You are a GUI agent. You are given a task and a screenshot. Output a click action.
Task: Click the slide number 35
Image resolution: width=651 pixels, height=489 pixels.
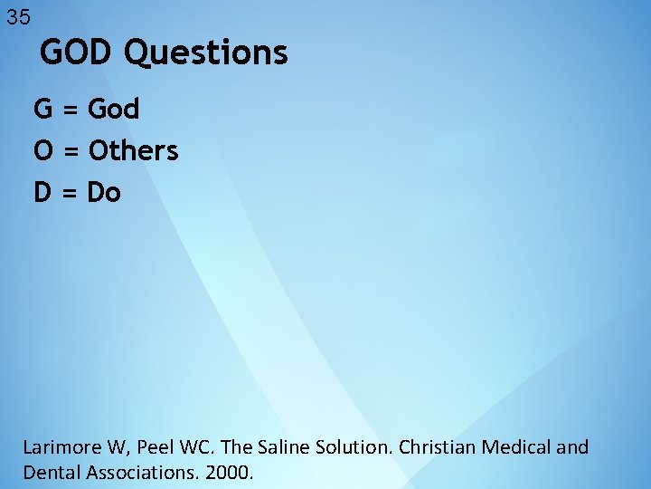click(18, 17)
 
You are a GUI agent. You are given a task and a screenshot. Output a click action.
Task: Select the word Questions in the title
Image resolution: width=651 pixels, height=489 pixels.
click(206, 53)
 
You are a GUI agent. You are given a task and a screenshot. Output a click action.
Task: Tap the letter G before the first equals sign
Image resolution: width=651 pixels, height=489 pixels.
click(42, 110)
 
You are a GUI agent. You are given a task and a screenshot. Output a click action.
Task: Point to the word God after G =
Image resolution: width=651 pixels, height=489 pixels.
click(113, 110)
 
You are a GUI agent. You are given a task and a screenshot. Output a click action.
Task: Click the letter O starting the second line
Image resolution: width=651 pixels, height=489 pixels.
click(42, 150)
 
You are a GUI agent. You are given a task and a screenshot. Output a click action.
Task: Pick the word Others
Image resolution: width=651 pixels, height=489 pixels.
click(132, 150)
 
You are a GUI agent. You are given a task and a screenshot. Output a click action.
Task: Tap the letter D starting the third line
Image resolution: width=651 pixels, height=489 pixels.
click(42, 192)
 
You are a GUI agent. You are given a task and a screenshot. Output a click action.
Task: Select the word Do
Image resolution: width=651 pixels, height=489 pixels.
click(103, 192)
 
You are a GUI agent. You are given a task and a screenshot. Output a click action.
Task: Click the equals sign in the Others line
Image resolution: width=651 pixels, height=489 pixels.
click(71, 151)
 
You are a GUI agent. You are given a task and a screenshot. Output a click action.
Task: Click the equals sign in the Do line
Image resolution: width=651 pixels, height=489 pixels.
click(71, 193)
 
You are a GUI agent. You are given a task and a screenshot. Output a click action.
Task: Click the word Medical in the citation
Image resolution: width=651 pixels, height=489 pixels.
click(511, 447)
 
